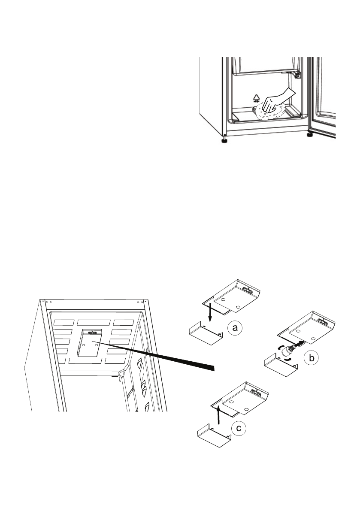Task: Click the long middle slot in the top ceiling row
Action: (93, 322)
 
